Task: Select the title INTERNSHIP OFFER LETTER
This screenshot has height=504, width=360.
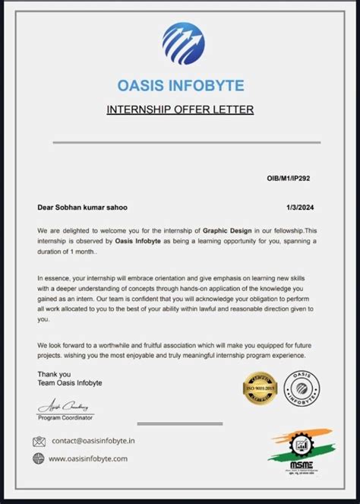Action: (180, 110)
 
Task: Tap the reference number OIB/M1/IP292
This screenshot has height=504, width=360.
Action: (288, 179)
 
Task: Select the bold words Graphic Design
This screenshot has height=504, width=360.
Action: (229, 230)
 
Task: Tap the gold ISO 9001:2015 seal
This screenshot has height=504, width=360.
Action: (258, 389)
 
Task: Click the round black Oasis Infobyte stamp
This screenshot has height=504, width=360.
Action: (302, 388)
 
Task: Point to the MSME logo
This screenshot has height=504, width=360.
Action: (293, 453)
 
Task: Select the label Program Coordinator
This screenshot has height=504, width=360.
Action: (65, 418)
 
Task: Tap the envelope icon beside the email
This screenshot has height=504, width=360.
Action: (39, 441)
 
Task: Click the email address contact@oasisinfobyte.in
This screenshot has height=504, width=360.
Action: (93, 441)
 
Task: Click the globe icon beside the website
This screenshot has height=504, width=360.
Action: (39, 458)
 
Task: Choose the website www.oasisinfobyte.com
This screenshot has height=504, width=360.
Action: (88, 458)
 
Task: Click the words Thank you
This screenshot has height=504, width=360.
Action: (54, 373)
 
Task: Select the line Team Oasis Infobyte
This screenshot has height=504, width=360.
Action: (70, 382)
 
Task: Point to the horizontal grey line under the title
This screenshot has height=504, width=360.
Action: (180, 142)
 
